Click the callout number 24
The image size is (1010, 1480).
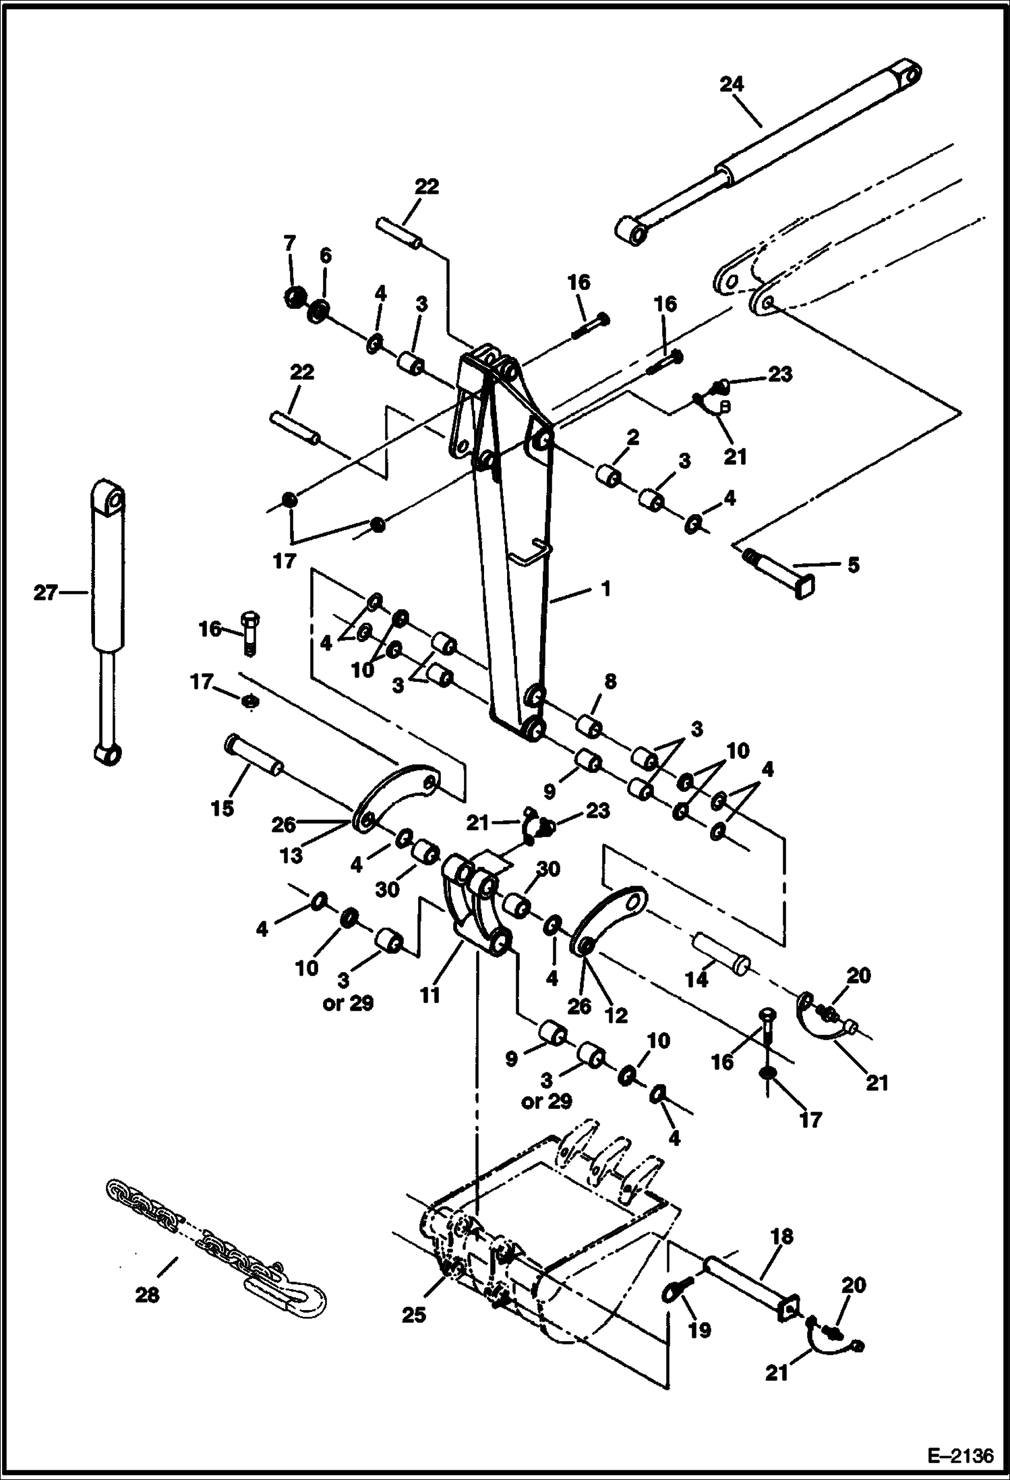(x=732, y=84)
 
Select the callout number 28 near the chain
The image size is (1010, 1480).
(x=148, y=1294)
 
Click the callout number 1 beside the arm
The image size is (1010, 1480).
(x=605, y=589)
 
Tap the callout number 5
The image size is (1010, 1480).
(x=853, y=565)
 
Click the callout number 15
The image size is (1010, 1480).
(x=222, y=807)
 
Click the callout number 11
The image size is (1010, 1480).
(x=430, y=994)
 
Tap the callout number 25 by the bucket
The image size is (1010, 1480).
(x=414, y=1315)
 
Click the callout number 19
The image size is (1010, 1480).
(x=700, y=1330)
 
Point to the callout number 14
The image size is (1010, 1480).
(x=696, y=980)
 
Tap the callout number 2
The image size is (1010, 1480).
(x=632, y=438)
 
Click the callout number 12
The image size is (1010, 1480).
(x=616, y=1015)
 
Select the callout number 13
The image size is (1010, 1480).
(x=291, y=855)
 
